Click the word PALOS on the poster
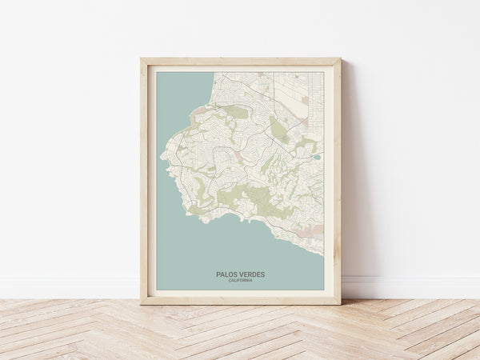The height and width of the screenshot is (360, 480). click(x=226, y=274)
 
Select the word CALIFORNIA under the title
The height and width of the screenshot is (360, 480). click(x=240, y=281)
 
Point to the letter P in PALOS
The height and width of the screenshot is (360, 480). click(x=218, y=274)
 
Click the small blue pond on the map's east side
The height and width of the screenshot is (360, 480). click(x=317, y=158)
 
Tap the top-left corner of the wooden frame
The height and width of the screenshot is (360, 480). click(x=141, y=58)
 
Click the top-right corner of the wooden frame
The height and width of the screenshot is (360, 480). click(x=340, y=58)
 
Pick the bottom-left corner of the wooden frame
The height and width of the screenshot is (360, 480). click(x=141, y=304)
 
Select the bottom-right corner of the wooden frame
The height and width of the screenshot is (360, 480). click(x=340, y=304)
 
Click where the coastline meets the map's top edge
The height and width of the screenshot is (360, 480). click(x=214, y=73)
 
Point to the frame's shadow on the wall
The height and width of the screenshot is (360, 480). click(x=347, y=200)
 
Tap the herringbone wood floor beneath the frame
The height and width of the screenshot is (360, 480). click(x=240, y=332)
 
